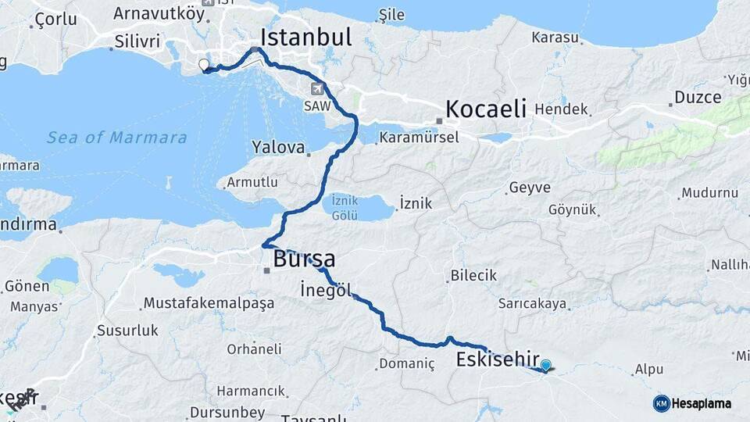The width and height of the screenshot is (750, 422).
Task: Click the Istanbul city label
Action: (305, 38)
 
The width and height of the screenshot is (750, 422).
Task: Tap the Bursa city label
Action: (304, 259)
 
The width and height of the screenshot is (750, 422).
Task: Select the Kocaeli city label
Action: (486, 108)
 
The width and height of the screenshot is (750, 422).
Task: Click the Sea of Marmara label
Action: (117, 138)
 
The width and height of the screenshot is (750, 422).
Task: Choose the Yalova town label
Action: (278, 147)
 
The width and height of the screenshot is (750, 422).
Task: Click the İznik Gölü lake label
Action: (345, 207)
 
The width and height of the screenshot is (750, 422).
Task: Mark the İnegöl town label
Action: (323, 290)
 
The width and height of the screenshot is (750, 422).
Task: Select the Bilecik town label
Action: (473, 275)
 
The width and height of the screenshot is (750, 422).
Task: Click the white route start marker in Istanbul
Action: (204, 65)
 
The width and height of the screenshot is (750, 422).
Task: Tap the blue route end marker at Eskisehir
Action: (545, 364)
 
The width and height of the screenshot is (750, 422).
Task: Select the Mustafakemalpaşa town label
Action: (208, 302)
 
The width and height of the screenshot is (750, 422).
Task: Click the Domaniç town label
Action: (405, 363)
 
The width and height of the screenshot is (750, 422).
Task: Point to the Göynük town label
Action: (573, 209)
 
